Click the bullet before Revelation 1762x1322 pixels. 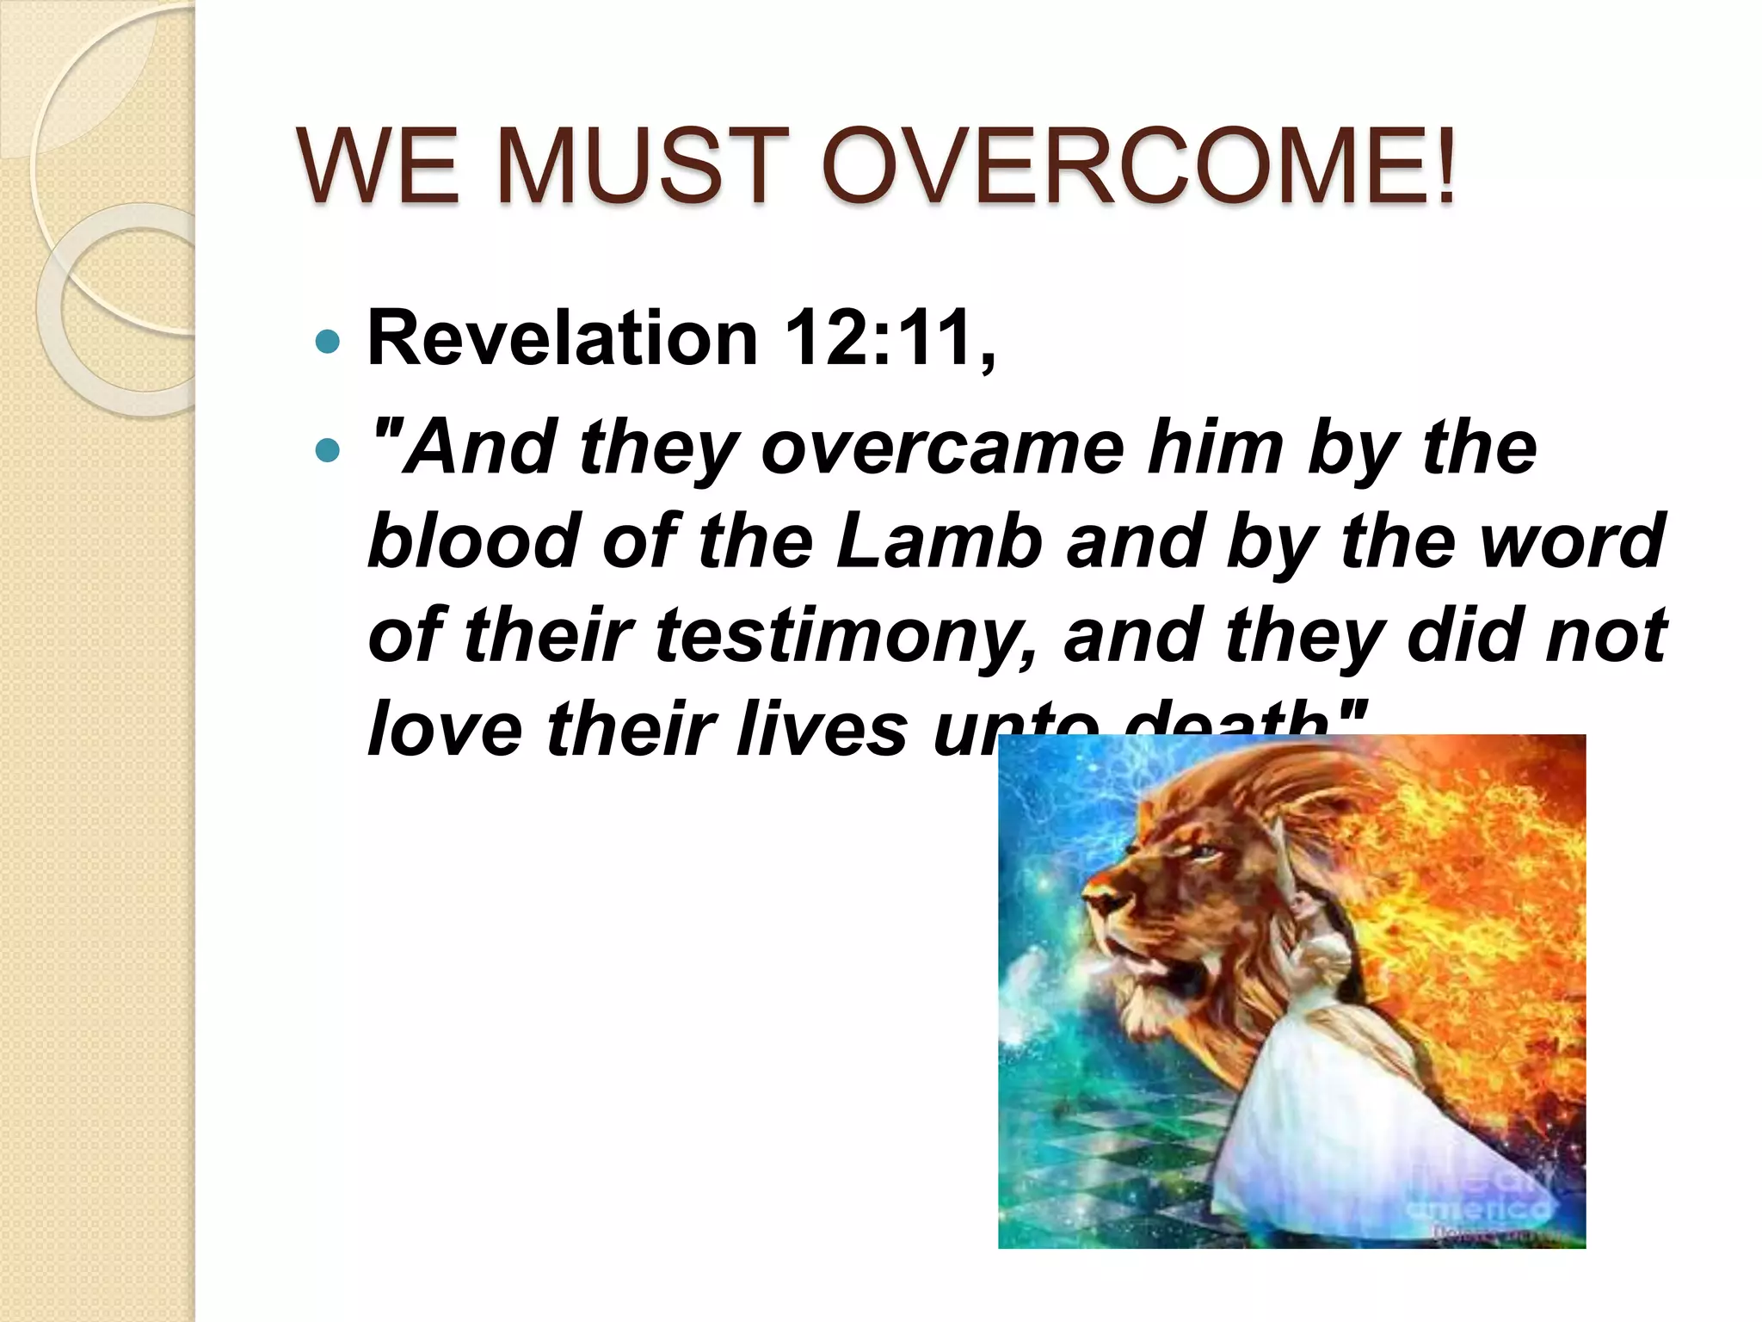click(328, 343)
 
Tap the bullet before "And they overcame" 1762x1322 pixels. click(328, 448)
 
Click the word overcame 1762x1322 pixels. click(942, 448)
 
